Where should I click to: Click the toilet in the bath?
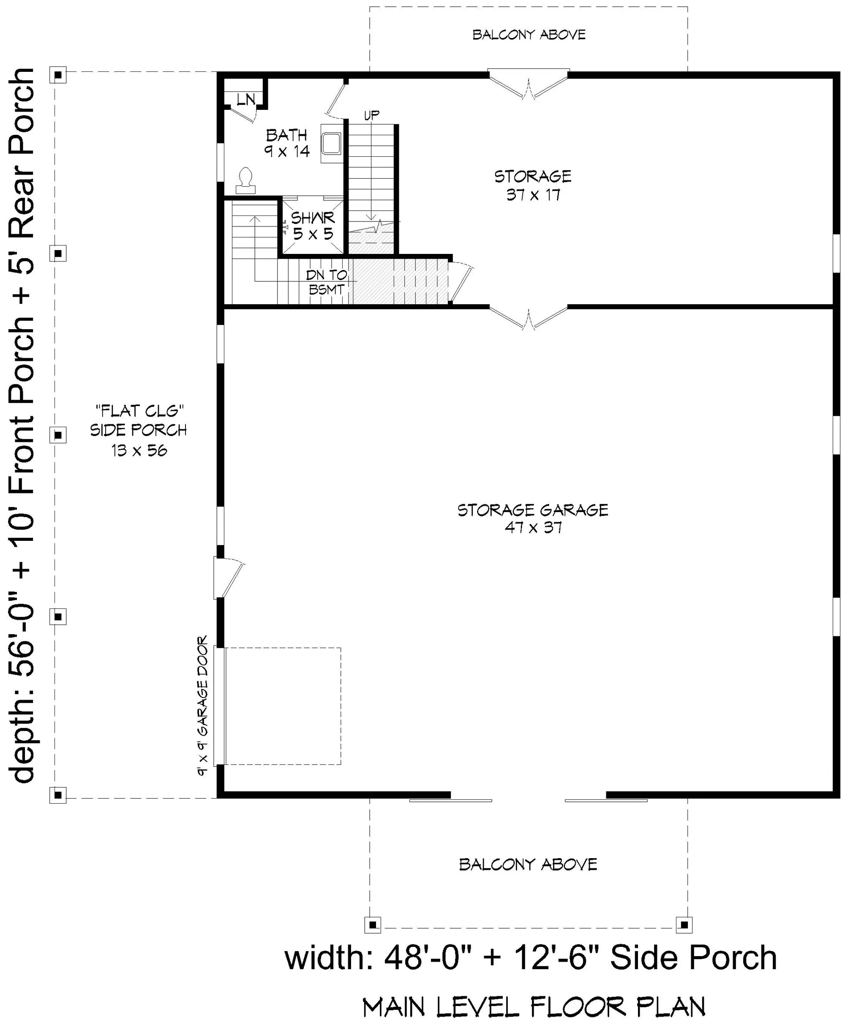(245, 181)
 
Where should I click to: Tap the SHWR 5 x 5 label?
(313, 226)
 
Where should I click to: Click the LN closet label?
(246, 100)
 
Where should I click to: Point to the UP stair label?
(372, 115)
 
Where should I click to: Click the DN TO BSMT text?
(327, 282)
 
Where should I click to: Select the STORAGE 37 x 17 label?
(533, 185)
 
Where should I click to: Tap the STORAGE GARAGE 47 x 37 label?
(533, 518)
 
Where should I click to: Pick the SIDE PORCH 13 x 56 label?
(139, 431)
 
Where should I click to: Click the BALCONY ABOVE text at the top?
(529, 35)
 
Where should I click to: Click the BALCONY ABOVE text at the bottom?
(528, 864)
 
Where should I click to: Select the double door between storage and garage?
(529, 319)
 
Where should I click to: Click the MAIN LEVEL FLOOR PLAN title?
(534, 1007)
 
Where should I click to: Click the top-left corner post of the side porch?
(58, 76)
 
